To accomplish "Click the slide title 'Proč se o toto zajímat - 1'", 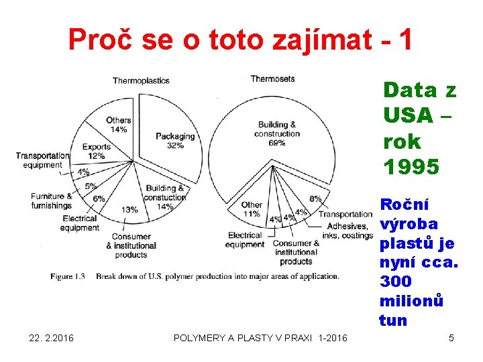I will (241, 41).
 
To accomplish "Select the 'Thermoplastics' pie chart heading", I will (141, 81).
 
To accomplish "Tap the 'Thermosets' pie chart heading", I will (272, 79).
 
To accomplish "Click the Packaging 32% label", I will (175, 141).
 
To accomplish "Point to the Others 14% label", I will (119, 125).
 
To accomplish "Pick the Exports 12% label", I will (97, 152).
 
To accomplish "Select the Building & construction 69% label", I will (277, 133).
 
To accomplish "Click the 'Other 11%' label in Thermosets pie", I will (251, 209).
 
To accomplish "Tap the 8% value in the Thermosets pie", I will (315, 199).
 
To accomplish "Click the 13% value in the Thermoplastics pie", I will (129, 210).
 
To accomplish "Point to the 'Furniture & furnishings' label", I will (51, 201).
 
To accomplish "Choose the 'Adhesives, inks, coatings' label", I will (347, 231).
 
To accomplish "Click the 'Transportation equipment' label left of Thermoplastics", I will (42, 160).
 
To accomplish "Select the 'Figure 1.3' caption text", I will (67, 276).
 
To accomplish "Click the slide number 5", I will (451, 338).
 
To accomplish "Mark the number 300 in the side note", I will (395, 282).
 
